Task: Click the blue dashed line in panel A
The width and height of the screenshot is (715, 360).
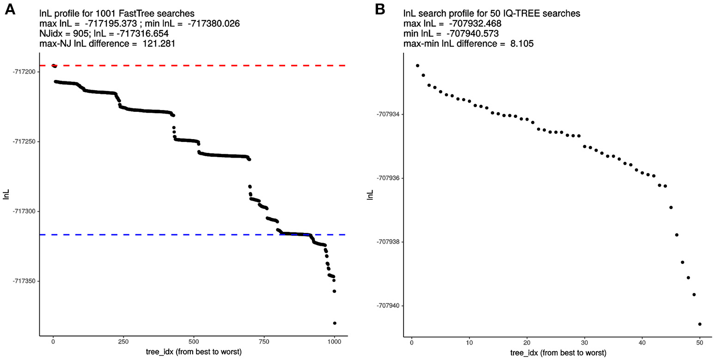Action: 185,235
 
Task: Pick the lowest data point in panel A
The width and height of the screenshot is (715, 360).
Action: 335,323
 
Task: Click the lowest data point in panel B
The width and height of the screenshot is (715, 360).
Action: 700,324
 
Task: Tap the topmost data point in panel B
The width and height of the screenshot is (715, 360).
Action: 417,66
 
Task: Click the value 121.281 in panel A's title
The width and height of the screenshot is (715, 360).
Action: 159,44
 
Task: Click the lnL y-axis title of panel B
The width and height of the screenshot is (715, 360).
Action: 369,195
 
